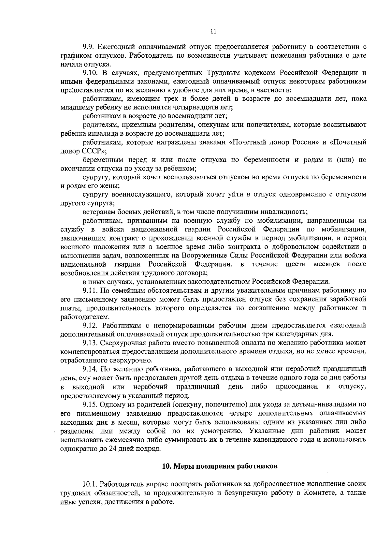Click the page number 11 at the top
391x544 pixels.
tap(213, 32)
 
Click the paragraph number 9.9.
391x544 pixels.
tap(88, 47)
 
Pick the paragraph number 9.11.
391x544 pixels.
tap(90, 290)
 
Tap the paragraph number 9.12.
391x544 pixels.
tap(90, 325)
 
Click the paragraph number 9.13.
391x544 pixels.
tap(90, 343)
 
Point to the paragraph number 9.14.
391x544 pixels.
tap(90, 369)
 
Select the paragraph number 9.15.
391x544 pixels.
tap(90, 404)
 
